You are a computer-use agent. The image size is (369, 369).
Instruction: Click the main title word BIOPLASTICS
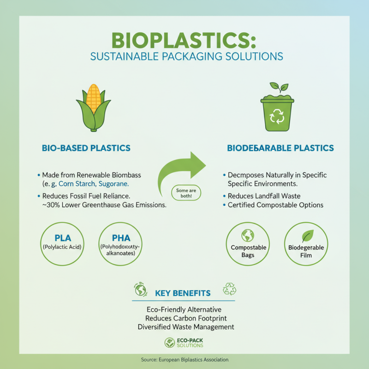[x=184, y=41]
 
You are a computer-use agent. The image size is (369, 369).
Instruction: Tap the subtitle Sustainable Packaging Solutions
[x=184, y=57]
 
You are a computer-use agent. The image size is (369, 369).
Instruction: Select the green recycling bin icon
[x=277, y=113]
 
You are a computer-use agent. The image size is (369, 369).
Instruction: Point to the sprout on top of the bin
[x=278, y=87]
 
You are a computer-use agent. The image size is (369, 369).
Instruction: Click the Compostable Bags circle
[x=248, y=244]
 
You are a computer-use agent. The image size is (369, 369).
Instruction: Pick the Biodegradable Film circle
[x=306, y=244]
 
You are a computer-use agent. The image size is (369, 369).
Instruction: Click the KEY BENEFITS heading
[x=183, y=293]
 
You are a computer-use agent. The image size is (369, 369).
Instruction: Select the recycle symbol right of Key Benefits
[x=229, y=289]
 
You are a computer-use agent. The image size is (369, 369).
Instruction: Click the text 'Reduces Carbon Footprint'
[x=185, y=318]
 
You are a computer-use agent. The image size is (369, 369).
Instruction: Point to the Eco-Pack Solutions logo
[x=184, y=343]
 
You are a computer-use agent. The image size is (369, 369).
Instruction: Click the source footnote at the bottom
[x=184, y=359]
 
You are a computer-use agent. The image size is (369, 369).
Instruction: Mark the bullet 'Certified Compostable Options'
[x=275, y=205]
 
